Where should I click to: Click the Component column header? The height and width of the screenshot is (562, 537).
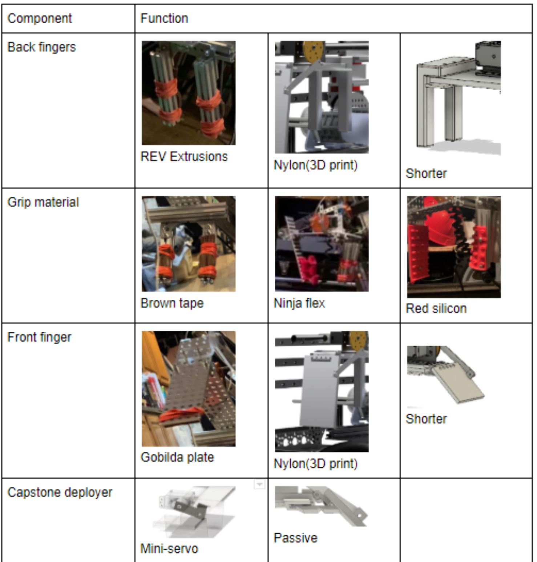(40, 18)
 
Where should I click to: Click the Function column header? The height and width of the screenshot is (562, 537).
(164, 18)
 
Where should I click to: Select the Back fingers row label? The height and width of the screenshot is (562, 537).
(41, 47)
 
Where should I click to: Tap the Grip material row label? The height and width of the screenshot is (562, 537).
(43, 202)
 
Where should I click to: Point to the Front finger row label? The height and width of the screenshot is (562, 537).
(39, 337)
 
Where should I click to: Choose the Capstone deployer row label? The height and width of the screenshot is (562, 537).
(60, 493)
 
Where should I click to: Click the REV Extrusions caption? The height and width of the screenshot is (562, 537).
(184, 156)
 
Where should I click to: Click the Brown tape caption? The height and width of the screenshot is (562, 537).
(172, 303)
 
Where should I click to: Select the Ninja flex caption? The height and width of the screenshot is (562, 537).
(299, 303)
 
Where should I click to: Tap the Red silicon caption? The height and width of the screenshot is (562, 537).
(436, 308)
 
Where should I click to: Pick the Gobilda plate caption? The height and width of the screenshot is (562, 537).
(177, 457)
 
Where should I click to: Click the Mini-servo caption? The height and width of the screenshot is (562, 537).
(169, 549)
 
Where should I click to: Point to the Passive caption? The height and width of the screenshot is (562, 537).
(295, 538)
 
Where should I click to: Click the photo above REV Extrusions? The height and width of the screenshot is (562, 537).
(189, 93)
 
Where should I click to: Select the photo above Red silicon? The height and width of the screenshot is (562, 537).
(454, 247)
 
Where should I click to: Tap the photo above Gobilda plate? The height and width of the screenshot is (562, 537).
(189, 388)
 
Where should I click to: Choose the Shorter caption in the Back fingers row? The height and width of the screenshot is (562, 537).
(426, 174)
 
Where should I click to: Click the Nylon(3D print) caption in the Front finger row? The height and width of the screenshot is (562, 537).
(315, 463)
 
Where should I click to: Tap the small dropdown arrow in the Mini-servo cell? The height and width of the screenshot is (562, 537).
(259, 485)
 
